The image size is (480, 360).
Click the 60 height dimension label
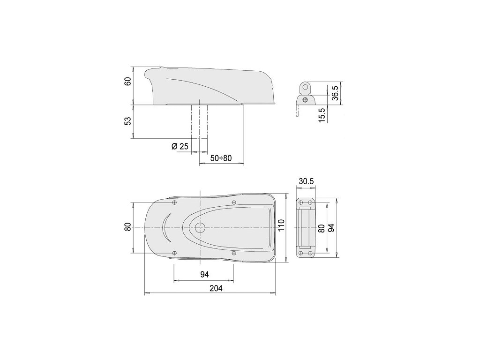(128, 82)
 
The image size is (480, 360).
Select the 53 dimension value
(128, 120)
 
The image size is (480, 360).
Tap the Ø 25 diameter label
(180, 146)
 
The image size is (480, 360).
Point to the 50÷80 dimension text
(221, 158)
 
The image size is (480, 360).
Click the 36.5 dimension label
(335, 93)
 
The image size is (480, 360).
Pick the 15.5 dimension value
(322, 115)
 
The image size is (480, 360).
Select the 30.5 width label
(307, 181)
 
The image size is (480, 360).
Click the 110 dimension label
(281, 225)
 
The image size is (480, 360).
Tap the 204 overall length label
(216, 288)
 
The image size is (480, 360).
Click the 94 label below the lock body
(204, 275)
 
